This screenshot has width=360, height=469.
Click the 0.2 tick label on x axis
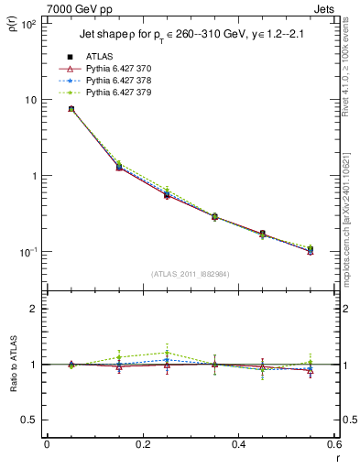(x=142, y=445)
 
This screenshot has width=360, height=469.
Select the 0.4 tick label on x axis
(x=238, y=445)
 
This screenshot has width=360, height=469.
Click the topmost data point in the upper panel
(x=71, y=109)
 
